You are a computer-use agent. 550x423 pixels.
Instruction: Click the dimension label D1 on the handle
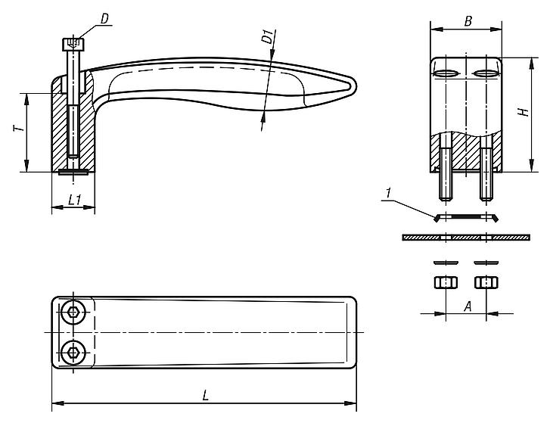tap(266, 37)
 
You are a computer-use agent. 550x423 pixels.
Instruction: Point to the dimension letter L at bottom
tap(206, 394)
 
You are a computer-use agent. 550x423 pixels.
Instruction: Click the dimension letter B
tap(468, 20)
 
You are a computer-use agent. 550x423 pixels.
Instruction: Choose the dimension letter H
tap(522, 113)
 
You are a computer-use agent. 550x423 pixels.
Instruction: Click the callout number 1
tap(387, 195)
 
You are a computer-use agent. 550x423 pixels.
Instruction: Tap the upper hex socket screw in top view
tap(73, 313)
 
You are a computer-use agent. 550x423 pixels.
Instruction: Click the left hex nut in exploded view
tap(445, 283)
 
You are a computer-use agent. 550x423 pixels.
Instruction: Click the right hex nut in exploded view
tap(485, 283)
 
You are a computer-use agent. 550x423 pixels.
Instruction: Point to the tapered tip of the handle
tap(350, 87)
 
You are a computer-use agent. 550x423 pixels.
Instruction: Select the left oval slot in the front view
tap(446, 73)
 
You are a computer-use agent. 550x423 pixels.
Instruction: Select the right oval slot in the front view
tap(488, 73)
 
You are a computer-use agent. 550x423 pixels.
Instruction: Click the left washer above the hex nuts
tap(445, 263)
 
